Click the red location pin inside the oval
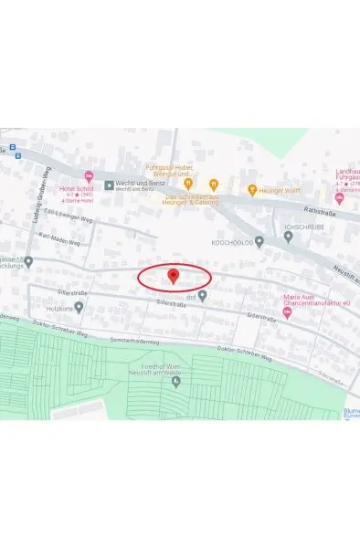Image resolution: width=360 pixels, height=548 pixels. click(x=174, y=276)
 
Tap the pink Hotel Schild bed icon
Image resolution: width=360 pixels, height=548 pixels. click(x=89, y=175)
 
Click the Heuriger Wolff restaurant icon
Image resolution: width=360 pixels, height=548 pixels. click(x=251, y=192)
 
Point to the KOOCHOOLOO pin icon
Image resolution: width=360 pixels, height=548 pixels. click(x=259, y=242)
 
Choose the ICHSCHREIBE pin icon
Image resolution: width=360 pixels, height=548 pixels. click(x=288, y=236)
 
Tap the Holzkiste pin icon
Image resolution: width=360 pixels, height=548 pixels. click(x=79, y=308)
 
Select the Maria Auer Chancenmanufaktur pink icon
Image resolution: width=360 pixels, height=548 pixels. click(x=288, y=312)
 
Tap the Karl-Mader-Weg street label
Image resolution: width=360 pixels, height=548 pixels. click(x=57, y=237)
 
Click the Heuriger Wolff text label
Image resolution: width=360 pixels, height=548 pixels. click(x=279, y=192)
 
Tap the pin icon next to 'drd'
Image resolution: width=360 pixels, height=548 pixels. click(x=203, y=295)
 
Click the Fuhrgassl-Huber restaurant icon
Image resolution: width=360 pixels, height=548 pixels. click(x=187, y=184)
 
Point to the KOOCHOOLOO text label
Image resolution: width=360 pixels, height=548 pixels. click(x=230, y=242)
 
